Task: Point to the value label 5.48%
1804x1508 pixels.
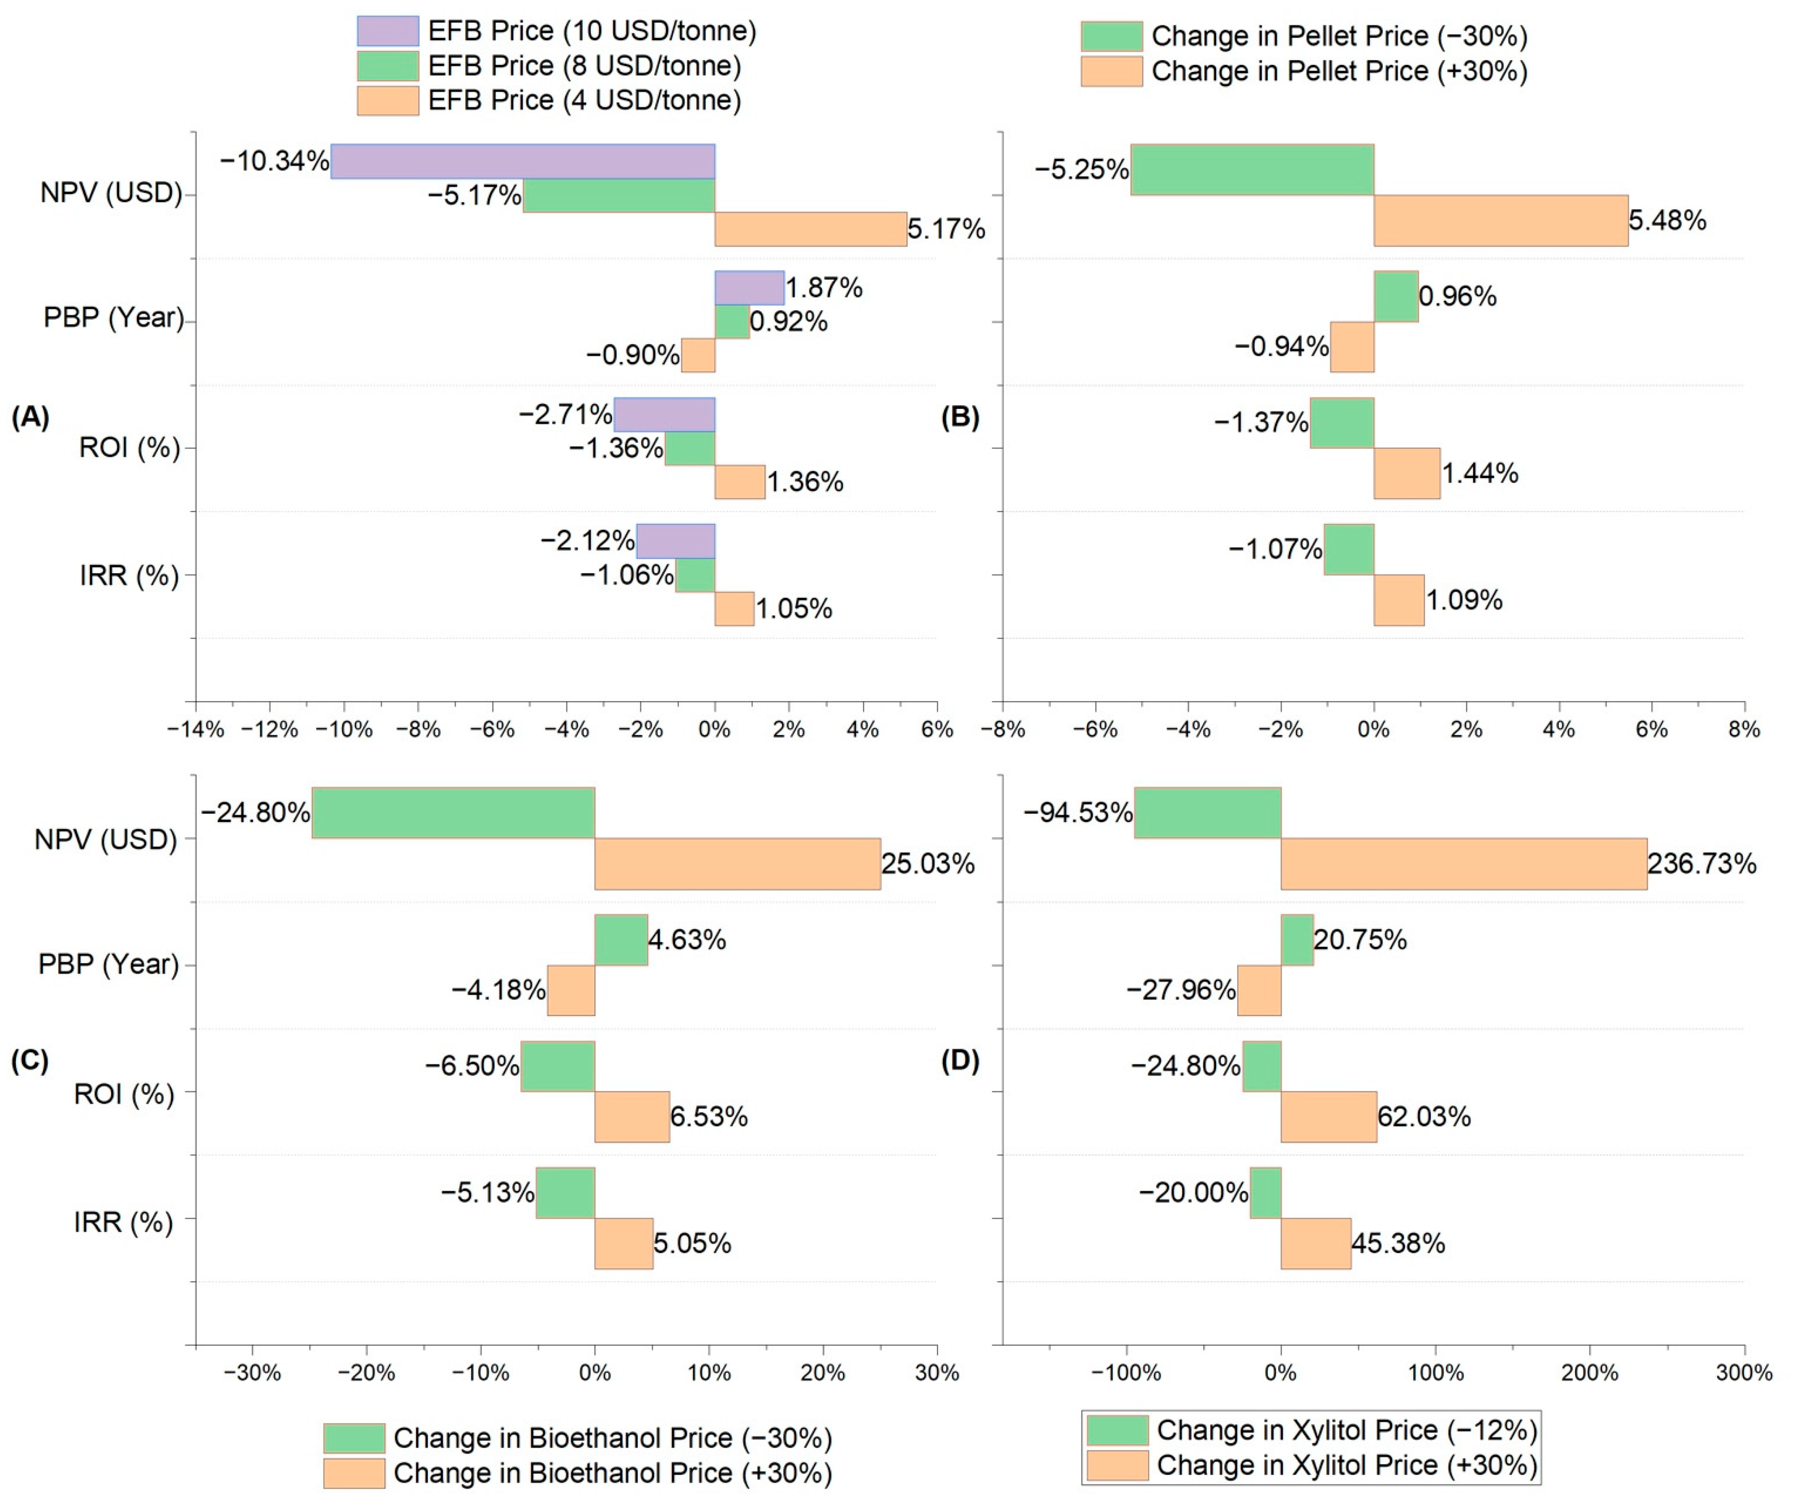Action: (x=1667, y=221)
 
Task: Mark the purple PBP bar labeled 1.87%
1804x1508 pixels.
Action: (x=749, y=288)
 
